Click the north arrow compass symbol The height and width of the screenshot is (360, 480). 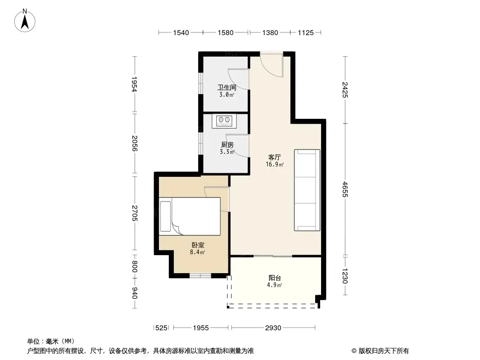tap(25, 21)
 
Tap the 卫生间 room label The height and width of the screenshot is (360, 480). tap(226, 87)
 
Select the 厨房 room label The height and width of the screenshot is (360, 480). tap(227, 144)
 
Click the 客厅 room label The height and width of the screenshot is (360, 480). tap(274, 157)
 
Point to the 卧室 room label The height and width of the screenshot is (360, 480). tap(198, 245)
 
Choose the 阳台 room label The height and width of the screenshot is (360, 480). tap(275, 278)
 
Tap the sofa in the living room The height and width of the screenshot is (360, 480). tap(307, 190)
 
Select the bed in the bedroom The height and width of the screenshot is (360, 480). tap(190, 216)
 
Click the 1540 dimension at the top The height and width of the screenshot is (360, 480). tap(181, 33)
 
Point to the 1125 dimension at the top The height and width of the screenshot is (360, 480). tap(306, 33)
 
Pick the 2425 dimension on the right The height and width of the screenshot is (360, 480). tap(345, 90)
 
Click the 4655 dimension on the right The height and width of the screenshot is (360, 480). tap(345, 189)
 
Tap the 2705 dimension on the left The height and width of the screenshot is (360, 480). tap(135, 213)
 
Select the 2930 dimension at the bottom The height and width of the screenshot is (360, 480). tap(273, 328)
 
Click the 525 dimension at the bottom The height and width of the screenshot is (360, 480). tap(161, 328)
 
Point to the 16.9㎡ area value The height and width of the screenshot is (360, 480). tap(275, 165)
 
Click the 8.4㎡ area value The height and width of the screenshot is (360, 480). tap(198, 252)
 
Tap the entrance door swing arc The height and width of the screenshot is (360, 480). tap(274, 69)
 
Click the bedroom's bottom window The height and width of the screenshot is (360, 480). tap(200, 275)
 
